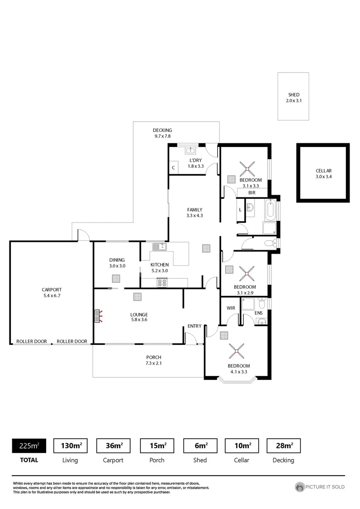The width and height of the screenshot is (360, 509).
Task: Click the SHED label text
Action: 293,95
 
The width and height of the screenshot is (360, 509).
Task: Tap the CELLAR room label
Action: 324,171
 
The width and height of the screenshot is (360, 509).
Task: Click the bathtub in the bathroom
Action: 270,211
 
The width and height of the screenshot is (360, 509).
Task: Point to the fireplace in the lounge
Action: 98,316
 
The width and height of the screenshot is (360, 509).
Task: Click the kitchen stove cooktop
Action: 162,283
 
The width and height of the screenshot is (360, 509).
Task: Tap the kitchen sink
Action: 159,246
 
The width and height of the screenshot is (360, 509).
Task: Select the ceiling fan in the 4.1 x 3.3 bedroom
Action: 236,351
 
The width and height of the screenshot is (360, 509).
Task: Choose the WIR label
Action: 230,308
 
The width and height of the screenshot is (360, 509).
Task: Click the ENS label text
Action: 258,312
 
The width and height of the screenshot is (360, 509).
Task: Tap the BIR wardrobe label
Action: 252,192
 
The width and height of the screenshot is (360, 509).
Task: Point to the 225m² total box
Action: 29,445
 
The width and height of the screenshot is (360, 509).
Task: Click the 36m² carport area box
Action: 113,445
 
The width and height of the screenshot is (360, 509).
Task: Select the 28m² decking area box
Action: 283,445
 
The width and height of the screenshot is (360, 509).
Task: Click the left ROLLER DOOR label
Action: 31,341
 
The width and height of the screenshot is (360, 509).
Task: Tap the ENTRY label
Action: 194,326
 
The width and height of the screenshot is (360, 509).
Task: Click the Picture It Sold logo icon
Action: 299,487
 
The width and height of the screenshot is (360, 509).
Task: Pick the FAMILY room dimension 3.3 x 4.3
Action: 194,216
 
